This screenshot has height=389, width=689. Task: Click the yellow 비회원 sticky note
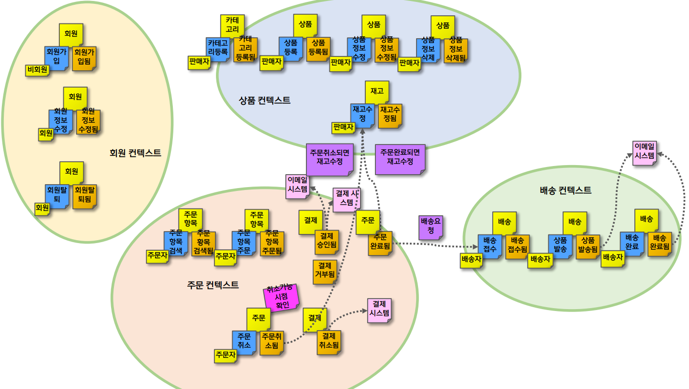pyautogui.click(x=37, y=70)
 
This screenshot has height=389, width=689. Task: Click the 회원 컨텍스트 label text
pyautogui.click(x=136, y=153)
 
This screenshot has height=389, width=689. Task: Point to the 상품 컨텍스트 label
pyautogui.click(x=264, y=100)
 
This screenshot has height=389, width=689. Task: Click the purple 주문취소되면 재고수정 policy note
pyautogui.click(x=329, y=158)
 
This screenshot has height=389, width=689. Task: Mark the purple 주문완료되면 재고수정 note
pyautogui.click(x=400, y=158)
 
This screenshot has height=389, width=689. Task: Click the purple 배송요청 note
pyautogui.click(x=430, y=226)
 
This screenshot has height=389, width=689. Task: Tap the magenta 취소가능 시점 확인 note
pyautogui.click(x=282, y=297)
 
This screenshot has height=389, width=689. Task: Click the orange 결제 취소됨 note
pyautogui.click(x=329, y=342)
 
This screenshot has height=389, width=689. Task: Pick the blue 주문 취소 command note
pyautogui.click(x=244, y=343)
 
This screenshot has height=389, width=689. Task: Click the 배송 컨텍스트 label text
pyautogui.click(x=565, y=190)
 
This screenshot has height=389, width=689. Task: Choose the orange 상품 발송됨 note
pyautogui.click(x=588, y=246)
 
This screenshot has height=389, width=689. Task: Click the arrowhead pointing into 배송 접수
pyautogui.click(x=475, y=247)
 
